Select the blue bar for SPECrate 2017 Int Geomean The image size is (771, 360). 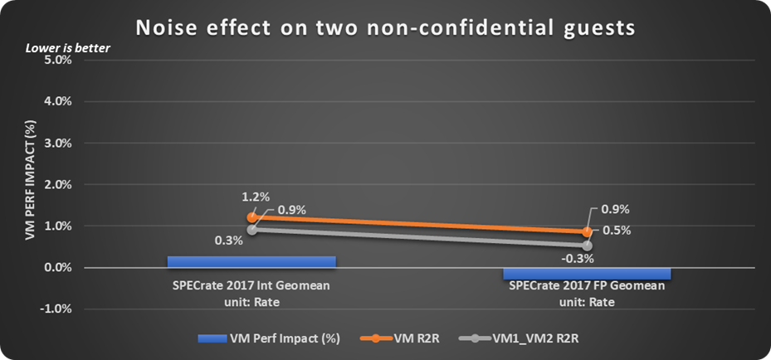[251, 261]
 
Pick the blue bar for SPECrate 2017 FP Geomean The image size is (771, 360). [587, 274]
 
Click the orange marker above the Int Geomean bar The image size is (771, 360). [251, 217]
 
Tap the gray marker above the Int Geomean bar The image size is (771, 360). [251, 230]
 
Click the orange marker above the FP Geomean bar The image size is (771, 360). [587, 232]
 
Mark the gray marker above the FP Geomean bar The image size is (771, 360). [587, 246]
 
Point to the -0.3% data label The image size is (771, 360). [576, 259]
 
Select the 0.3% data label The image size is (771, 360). [228, 241]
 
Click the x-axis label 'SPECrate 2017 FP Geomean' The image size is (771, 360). [587, 286]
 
